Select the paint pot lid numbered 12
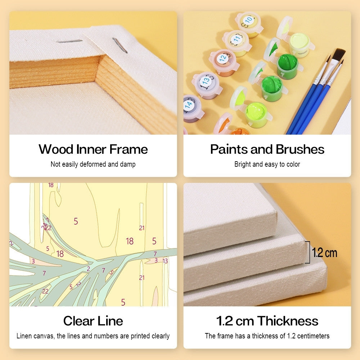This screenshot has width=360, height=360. click(222, 58)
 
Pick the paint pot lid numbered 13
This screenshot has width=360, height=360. click(206, 81)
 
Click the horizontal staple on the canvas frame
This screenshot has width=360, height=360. click(69, 41)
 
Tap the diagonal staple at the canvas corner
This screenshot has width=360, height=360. click(120, 45)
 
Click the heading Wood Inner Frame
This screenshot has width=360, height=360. click(93, 149)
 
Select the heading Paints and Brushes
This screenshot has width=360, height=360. click(267, 149)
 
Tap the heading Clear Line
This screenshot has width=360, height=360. click(93, 321)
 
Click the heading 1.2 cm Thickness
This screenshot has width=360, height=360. click(267, 321)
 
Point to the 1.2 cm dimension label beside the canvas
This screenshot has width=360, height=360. click(324, 253)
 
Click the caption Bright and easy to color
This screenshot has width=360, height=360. click(267, 164)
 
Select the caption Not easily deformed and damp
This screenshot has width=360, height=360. click(93, 164)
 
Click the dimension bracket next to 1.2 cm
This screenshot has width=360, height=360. click(308, 252)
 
